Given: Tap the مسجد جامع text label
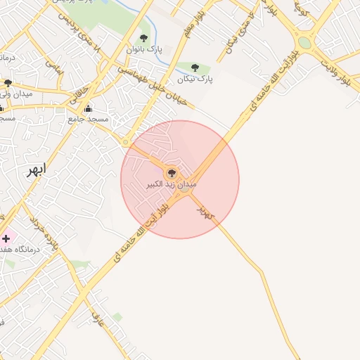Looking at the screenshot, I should (x=89, y=120).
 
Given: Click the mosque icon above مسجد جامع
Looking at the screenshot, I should (x=88, y=109).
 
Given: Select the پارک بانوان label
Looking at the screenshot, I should (x=143, y=50).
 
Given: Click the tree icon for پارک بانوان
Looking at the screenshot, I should (x=144, y=39).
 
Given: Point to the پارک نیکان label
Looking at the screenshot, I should (x=195, y=79).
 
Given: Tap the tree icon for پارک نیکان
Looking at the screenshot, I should (x=195, y=68).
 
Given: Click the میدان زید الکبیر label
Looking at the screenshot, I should (x=172, y=184).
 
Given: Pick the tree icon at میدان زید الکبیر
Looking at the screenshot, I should (x=172, y=172).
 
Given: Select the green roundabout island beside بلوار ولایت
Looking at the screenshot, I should (x=304, y=43).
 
